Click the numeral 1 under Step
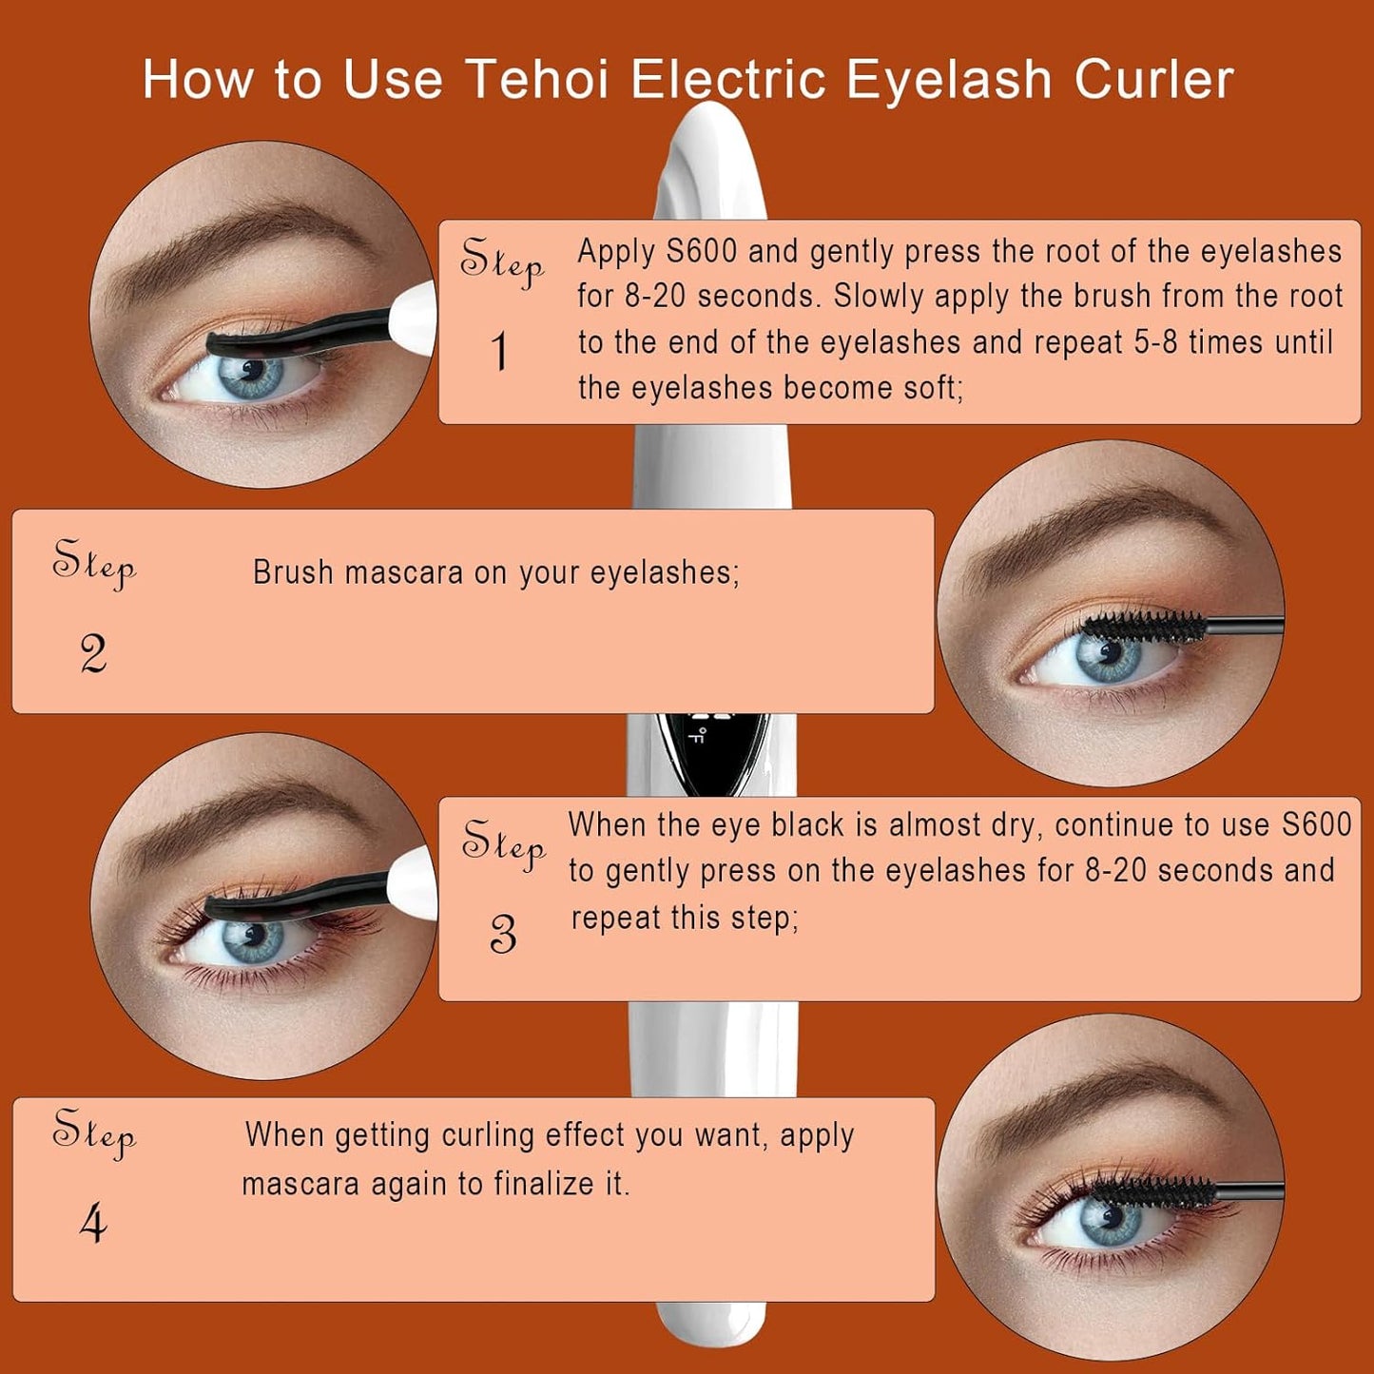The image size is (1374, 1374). coord(500,351)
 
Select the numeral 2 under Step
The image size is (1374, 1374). coord(93,654)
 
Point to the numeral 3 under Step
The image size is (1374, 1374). coord(503,934)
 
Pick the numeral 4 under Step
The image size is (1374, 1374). coord(93,1226)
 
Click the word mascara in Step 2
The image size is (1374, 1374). coord(403,572)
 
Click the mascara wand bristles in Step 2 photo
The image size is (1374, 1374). coord(1145,626)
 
